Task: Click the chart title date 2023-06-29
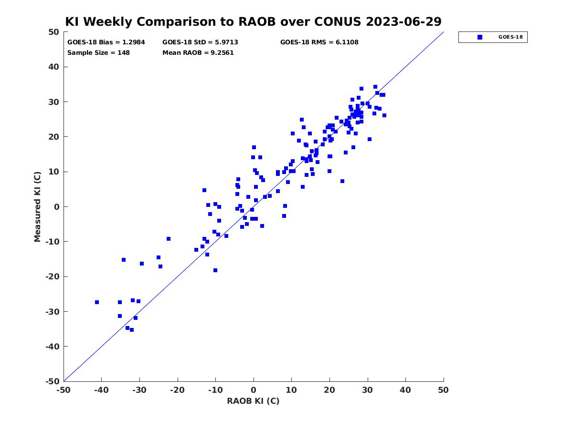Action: (403, 21)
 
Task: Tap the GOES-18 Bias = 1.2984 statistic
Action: (106, 42)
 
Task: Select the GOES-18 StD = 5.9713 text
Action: (200, 42)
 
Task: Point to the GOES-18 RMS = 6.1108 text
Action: (319, 42)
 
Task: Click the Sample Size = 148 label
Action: (98, 53)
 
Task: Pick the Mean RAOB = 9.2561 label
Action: (198, 53)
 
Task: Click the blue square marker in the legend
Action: (480, 37)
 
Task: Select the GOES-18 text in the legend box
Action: (510, 37)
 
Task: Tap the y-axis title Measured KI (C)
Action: (37, 207)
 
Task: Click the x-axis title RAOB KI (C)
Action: (253, 401)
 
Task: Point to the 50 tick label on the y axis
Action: (54, 32)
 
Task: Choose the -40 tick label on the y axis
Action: (53, 347)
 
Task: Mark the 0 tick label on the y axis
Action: (57, 207)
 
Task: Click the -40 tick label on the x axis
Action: (101, 390)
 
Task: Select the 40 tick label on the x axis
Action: (405, 390)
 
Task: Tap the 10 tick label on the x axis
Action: (291, 390)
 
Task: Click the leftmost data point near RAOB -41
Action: (97, 302)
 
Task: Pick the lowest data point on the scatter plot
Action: (132, 330)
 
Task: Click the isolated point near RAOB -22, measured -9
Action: (169, 239)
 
